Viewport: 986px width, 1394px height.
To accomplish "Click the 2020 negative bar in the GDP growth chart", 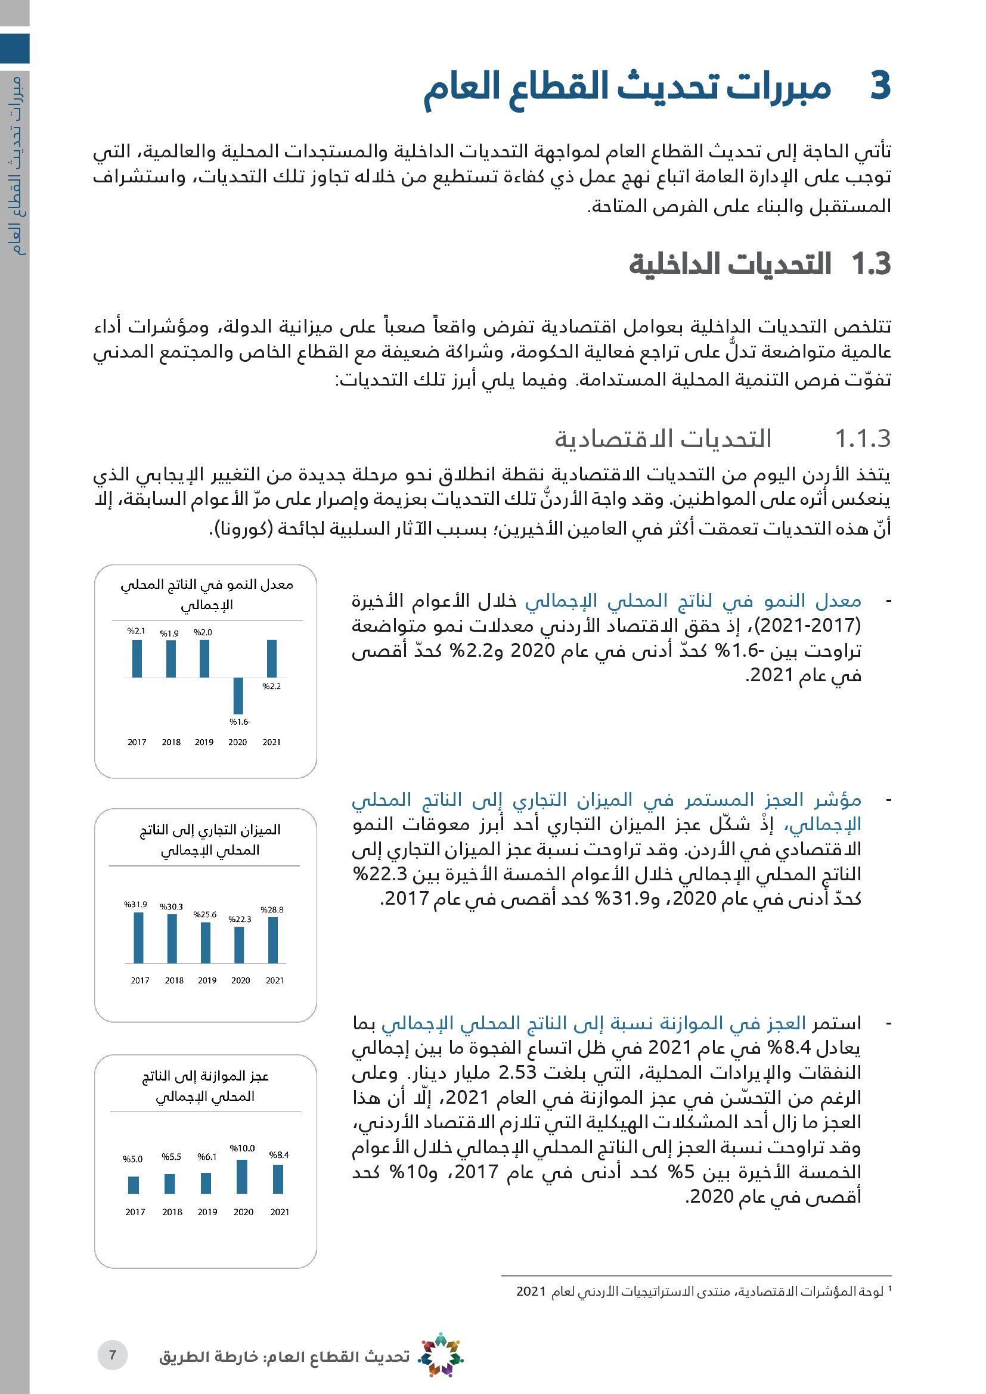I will pyautogui.click(x=238, y=695).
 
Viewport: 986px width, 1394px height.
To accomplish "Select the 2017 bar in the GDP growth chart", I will pyautogui.click(x=137, y=659).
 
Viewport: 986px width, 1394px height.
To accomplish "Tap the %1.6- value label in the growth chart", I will pyautogui.click(x=240, y=722).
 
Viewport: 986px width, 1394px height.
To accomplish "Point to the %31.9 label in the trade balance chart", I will pyautogui.click(x=136, y=905).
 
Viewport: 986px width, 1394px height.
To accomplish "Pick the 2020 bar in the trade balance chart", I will pyautogui.click(x=239, y=945).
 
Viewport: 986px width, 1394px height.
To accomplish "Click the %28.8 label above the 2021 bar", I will pyautogui.click(x=272, y=909).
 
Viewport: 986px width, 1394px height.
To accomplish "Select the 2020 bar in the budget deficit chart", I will pyautogui.click(x=241, y=1176).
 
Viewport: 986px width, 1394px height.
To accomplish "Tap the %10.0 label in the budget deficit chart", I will pyautogui.click(x=242, y=1148).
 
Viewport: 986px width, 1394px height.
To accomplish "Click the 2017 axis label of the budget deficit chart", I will pyautogui.click(x=135, y=1212).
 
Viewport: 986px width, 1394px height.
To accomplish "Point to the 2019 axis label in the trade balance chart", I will pyautogui.click(x=207, y=980).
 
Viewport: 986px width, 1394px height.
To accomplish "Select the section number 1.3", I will pyautogui.click(x=870, y=264).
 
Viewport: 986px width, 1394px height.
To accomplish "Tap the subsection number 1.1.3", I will pyautogui.click(x=862, y=439).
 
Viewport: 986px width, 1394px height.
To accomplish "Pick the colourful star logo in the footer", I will pyautogui.click(x=441, y=1355).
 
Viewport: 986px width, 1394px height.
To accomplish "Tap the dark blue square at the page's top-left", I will pyautogui.click(x=14, y=48).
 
